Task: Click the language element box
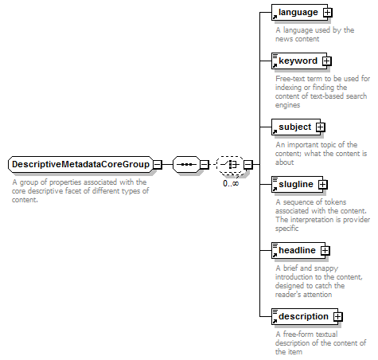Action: [299, 12]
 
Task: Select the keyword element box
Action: [299, 61]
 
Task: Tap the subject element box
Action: [296, 127]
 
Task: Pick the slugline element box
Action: [297, 184]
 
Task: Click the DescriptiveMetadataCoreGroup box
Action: [81, 164]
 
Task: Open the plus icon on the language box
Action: [328, 12]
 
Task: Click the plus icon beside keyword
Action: [327, 61]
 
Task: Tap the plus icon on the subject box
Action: [321, 127]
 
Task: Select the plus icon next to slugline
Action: [323, 184]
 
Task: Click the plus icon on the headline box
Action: [325, 250]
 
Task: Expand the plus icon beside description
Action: [338, 316]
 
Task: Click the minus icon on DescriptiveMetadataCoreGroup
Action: [158, 165]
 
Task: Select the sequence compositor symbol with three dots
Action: [187, 164]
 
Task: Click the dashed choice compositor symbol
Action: [230, 165]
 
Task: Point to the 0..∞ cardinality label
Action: [231, 183]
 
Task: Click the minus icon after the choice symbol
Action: [248, 165]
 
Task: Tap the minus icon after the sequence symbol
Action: [205, 165]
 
